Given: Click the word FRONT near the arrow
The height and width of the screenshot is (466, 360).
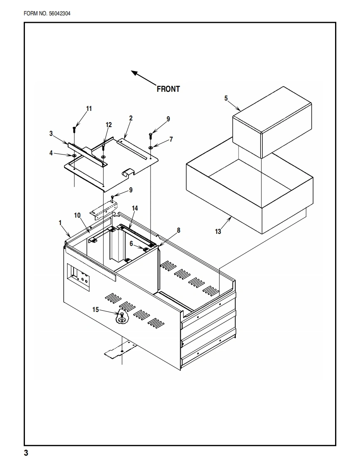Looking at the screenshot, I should (x=168, y=89).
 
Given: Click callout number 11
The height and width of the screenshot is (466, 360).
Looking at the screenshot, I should (x=89, y=108).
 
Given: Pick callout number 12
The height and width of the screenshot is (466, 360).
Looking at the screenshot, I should (x=108, y=125).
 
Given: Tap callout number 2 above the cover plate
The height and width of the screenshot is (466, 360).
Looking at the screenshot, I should (x=131, y=118).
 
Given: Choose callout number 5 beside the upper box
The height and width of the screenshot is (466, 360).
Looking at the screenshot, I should (x=226, y=98).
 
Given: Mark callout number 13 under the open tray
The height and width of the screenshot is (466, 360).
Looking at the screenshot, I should (x=218, y=232).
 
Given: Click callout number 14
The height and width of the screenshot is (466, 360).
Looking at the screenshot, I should (x=135, y=208).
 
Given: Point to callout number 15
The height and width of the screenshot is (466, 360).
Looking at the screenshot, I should (x=95, y=309).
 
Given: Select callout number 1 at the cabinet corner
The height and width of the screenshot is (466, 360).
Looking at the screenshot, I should (x=60, y=223).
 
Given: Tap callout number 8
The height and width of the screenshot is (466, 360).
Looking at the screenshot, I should (x=178, y=230).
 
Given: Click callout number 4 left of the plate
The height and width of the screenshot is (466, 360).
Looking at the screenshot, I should (x=51, y=153).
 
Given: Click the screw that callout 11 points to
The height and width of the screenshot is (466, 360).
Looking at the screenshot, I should (x=74, y=130).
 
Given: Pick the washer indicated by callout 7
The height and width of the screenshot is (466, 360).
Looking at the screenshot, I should (x=150, y=147).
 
